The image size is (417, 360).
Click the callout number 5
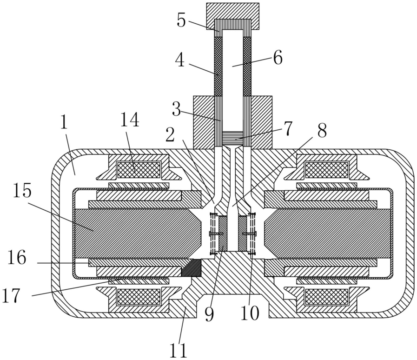click(x=181, y=20)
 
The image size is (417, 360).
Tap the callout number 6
click(x=278, y=58)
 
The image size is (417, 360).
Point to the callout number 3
click(x=176, y=109)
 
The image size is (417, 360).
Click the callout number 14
click(x=130, y=120)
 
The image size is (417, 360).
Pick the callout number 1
click(x=64, y=122)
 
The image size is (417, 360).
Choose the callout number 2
click(x=170, y=135)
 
